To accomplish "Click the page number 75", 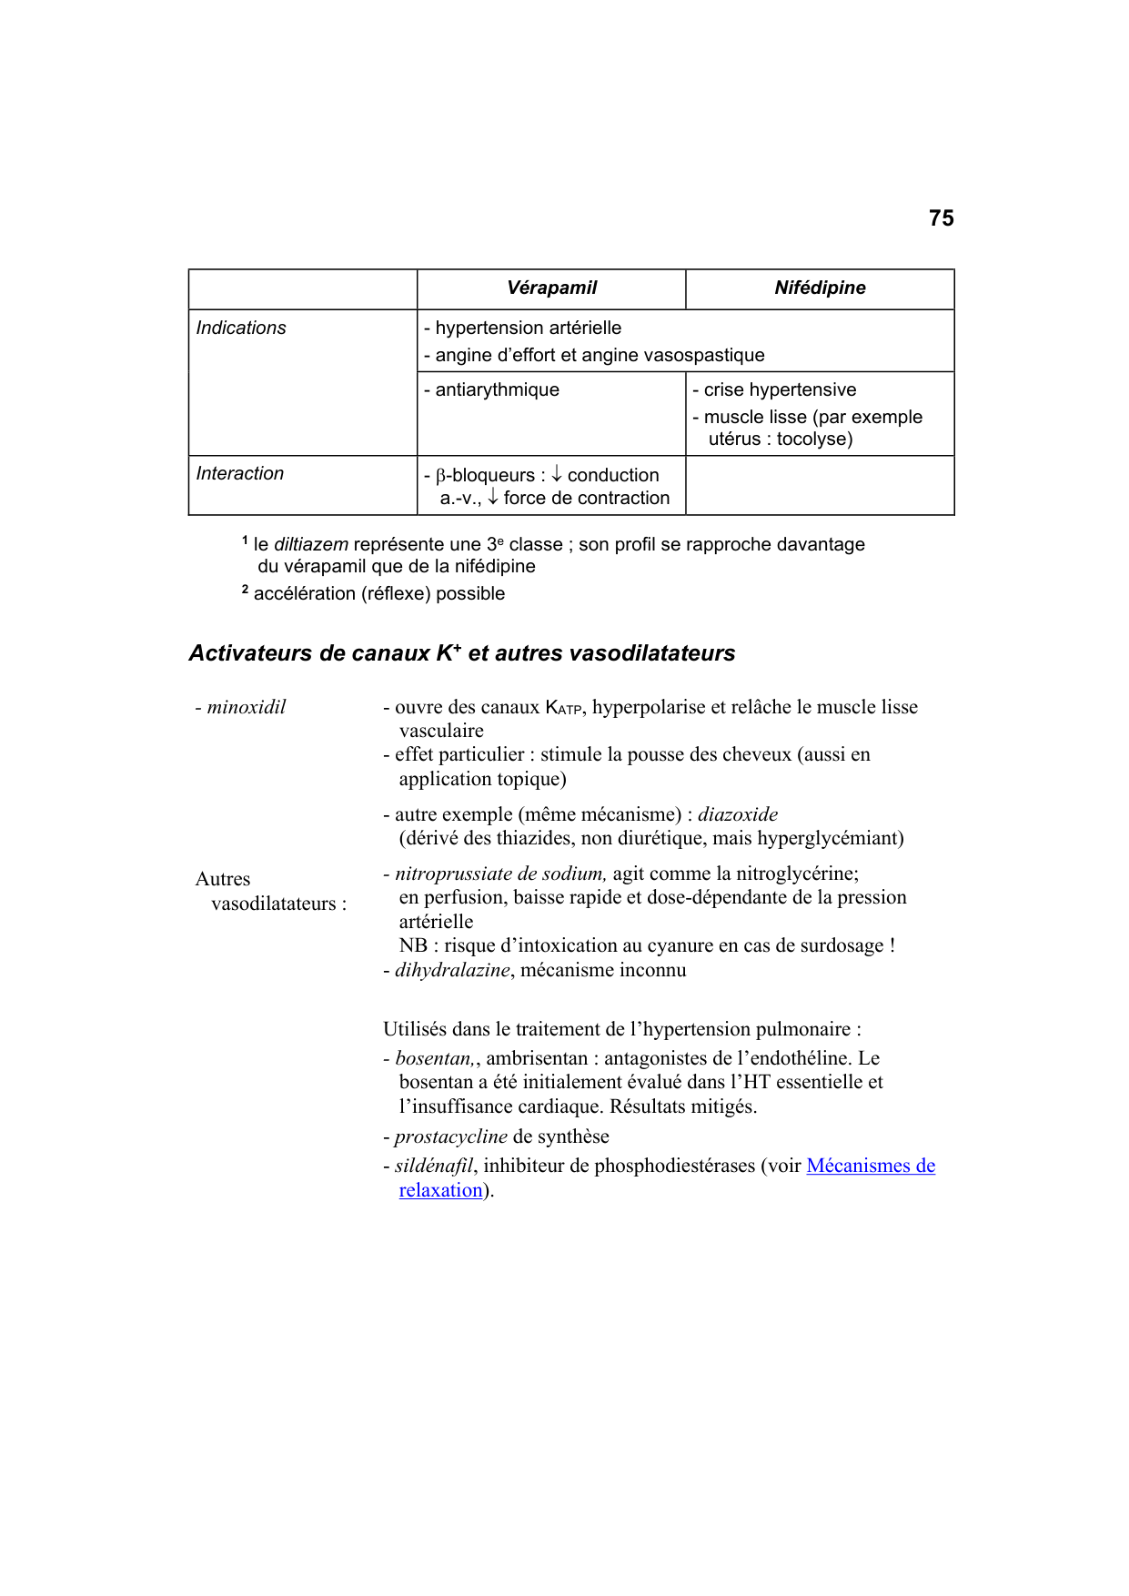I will pos(941,218).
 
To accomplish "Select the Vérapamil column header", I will pos(551,288).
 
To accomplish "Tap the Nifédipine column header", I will pos(820,288).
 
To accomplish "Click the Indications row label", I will pos(241,328).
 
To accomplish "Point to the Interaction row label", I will pos(240,474).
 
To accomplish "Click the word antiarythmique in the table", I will pos(497,390).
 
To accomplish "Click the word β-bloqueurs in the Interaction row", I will pos(485,476).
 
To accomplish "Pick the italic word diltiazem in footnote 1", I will pos(311,545).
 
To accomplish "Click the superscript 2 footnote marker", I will pos(245,591).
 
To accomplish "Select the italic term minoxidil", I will pos(246,707).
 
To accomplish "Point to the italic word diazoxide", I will pos(737,814).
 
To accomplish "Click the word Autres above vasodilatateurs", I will pos(223,879).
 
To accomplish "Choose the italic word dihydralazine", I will pos(452,970).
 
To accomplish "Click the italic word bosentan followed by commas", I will pos(434,1059).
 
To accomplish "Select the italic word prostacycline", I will pos(450,1137).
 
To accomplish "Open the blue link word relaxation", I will pos(440,1191).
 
